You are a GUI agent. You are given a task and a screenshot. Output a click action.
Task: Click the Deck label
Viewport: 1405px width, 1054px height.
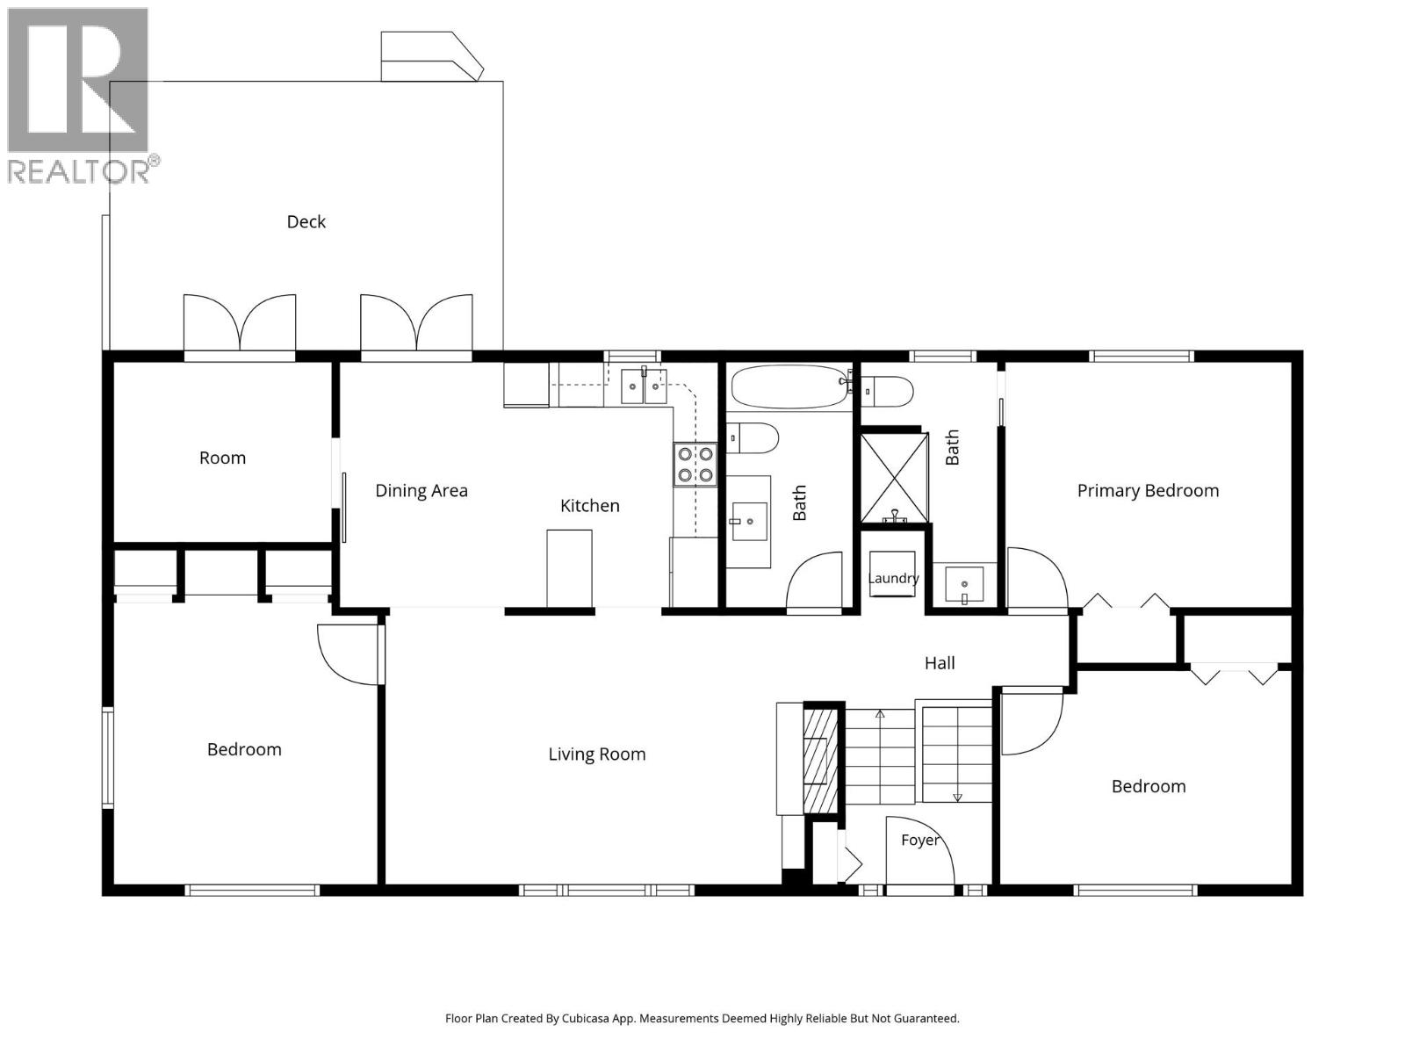pos(306,221)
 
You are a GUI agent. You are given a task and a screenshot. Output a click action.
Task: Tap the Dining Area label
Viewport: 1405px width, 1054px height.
pos(421,490)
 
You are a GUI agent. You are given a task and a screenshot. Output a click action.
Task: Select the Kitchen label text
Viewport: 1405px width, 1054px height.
pos(589,506)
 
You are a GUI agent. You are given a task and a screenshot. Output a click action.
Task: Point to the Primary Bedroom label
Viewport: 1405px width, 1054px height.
pos(1148,491)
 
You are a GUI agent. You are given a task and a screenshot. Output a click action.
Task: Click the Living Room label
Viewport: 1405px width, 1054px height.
pos(596,754)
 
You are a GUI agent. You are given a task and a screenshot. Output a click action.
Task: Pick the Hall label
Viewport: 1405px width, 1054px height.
pos(940,663)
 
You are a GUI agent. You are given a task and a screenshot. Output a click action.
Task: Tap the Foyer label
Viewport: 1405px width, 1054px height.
pos(919,841)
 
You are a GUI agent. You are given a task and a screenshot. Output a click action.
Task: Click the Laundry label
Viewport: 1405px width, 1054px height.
pos(893,579)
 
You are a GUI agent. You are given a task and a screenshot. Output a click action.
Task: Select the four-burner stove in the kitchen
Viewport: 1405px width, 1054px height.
pos(695,465)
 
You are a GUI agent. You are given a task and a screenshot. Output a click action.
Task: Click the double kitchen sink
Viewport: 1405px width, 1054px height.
pos(644,386)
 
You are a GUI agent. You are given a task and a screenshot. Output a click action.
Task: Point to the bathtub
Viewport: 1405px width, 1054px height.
pos(789,386)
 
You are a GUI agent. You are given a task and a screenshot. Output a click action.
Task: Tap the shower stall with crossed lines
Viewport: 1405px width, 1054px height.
pos(894,478)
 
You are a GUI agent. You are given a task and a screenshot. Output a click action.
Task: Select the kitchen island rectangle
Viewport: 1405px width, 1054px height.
pos(569,568)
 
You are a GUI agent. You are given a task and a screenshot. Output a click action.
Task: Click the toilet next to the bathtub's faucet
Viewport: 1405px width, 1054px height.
pos(886,392)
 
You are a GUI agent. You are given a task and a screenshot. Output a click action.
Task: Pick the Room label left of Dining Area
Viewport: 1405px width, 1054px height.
pos(222,458)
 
